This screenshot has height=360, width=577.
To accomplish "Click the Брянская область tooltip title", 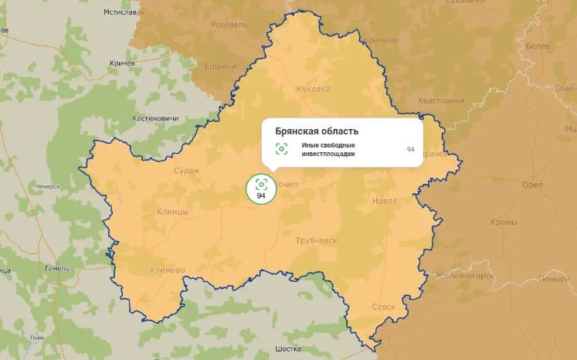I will (x=317, y=131).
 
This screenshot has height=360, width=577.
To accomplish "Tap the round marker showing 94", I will (x=261, y=188).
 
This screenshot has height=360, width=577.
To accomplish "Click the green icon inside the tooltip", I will (x=281, y=149).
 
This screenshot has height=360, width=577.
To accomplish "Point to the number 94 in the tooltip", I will (x=410, y=149).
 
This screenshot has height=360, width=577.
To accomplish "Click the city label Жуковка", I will (x=312, y=89).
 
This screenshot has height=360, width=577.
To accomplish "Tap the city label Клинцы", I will (x=172, y=211).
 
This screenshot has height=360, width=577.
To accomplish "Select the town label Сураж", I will (x=186, y=170).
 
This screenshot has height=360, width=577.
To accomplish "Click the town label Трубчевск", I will (x=317, y=241).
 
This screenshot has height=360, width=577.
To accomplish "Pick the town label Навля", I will (x=384, y=201).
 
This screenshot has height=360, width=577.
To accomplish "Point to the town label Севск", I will (x=382, y=307).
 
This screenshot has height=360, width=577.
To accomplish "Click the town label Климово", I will (x=168, y=270).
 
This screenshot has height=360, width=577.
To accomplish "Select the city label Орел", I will (x=511, y=185).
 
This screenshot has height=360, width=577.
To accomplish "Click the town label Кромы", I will (x=504, y=222).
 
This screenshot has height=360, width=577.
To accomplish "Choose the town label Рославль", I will (x=229, y=25).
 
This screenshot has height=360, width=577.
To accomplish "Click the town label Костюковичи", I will (x=155, y=118).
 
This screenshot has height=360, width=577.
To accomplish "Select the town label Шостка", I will (x=287, y=349).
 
